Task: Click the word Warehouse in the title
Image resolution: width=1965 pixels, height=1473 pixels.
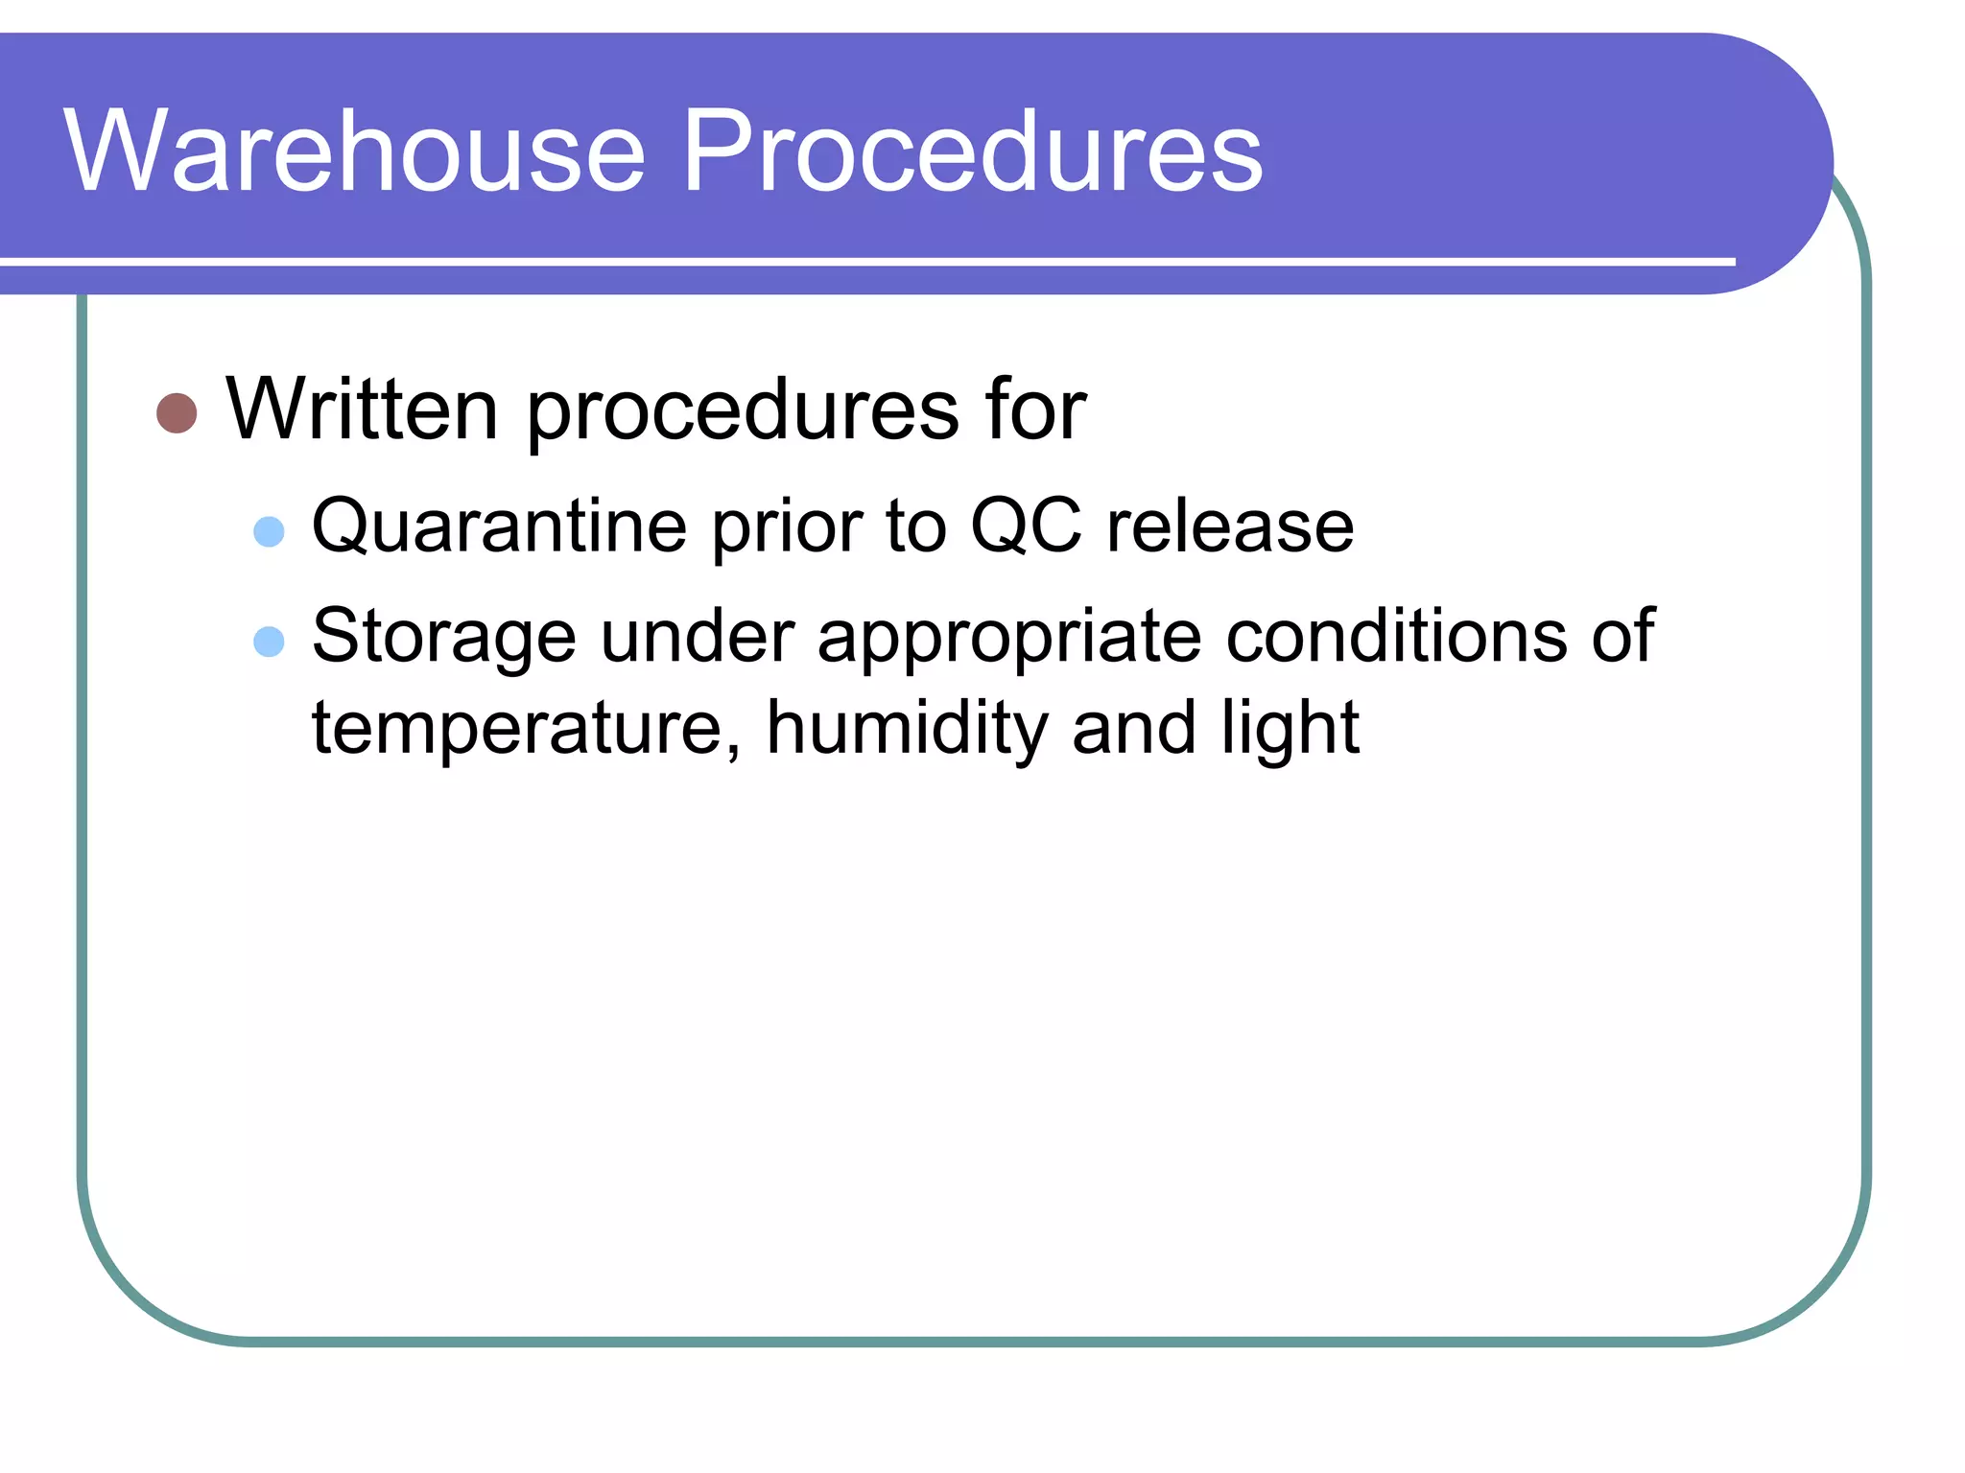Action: (x=355, y=152)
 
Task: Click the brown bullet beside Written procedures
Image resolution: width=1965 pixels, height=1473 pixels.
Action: (x=177, y=413)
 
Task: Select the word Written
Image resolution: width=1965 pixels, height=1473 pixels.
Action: (x=362, y=409)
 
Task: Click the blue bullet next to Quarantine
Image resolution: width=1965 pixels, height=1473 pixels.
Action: (x=269, y=531)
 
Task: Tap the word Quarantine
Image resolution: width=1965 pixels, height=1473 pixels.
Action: (x=499, y=527)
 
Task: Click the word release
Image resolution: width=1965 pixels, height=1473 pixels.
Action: (x=1230, y=527)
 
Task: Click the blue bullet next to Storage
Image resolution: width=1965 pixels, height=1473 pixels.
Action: (x=269, y=642)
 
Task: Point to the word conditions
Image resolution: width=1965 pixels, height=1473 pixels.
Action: (x=1396, y=636)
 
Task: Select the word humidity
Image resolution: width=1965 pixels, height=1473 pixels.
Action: (x=907, y=727)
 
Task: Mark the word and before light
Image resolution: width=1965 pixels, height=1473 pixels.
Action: (x=1134, y=727)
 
